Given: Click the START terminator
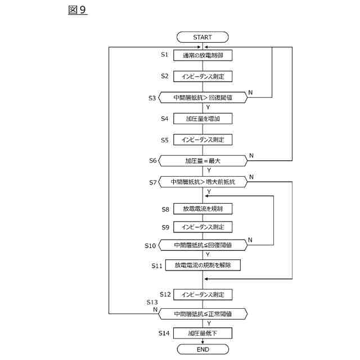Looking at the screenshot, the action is tap(202, 37).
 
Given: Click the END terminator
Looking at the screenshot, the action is tap(203, 349).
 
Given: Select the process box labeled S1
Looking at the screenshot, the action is tap(202, 55).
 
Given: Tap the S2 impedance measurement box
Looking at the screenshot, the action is tap(202, 76).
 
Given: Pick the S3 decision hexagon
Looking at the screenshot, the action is tap(203, 97).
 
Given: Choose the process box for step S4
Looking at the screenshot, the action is tap(202, 119).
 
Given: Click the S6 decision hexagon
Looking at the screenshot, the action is tap(203, 161).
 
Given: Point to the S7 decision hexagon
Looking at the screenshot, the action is tap(203, 182).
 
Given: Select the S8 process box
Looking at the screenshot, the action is tap(202, 209).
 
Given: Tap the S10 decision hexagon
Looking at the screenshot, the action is tap(203, 245).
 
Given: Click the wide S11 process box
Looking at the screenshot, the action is tap(203, 265).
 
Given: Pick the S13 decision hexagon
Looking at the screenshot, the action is tap(203, 314).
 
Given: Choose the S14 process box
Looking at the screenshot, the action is tap(202, 333).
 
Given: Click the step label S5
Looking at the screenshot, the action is tap(165, 140).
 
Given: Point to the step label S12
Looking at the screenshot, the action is tap(165, 294).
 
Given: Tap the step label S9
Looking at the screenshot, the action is tap(165, 227).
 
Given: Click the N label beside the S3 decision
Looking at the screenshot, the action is tap(250, 92).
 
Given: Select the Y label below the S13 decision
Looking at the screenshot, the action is tap(209, 323).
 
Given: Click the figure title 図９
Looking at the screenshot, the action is tap(78, 10).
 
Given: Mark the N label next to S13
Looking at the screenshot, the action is tap(155, 310).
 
